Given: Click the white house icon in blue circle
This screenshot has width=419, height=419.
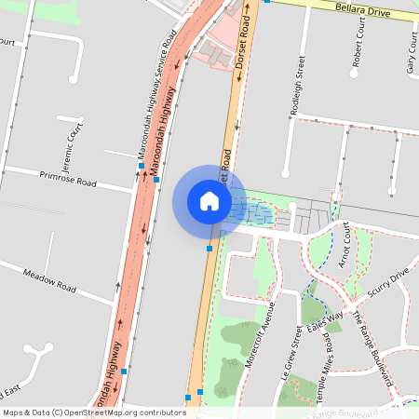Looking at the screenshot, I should tap(209, 200).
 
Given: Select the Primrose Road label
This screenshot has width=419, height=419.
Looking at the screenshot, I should tap(68, 177).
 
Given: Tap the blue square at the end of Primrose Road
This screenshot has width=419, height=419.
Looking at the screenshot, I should tap(156, 179).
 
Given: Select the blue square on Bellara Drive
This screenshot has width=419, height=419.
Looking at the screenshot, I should tap(267, 1).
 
